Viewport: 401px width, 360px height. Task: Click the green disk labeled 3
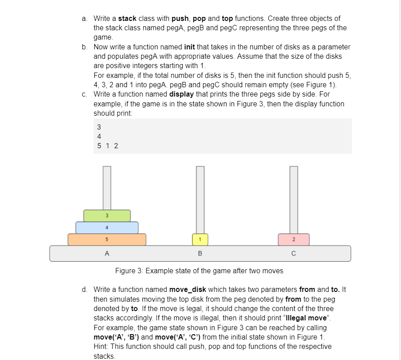pos(107,216)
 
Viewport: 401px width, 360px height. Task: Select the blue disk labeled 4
pos(107,227)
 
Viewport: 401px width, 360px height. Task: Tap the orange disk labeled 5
pos(107,239)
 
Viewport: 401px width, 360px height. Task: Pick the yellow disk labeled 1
pos(200,239)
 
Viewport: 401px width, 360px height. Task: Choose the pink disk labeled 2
pos(294,239)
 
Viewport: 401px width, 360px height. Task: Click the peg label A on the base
pos(107,254)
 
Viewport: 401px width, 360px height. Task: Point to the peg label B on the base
pos(200,254)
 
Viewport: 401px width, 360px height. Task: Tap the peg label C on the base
pos(294,254)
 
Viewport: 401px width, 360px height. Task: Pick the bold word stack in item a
pos(127,19)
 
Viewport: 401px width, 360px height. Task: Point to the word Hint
pos(101,346)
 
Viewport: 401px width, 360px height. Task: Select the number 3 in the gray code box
pos(99,126)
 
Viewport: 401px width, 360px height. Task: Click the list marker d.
pos(85,289)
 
